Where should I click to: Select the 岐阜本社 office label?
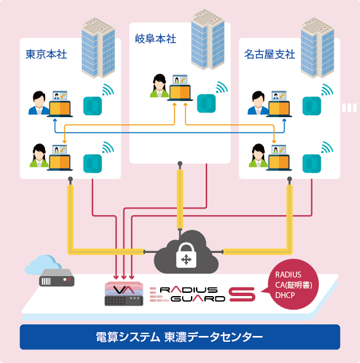(154, 40)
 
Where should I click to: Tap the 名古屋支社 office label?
(269, 54)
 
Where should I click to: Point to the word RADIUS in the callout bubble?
(287, 275)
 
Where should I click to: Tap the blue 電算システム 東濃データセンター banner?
(179, 337)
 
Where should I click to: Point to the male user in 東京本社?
(39, 103)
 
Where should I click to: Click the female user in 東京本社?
(39, 154)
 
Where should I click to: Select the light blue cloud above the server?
(46, 263)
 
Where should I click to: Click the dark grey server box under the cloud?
(57, 280)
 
